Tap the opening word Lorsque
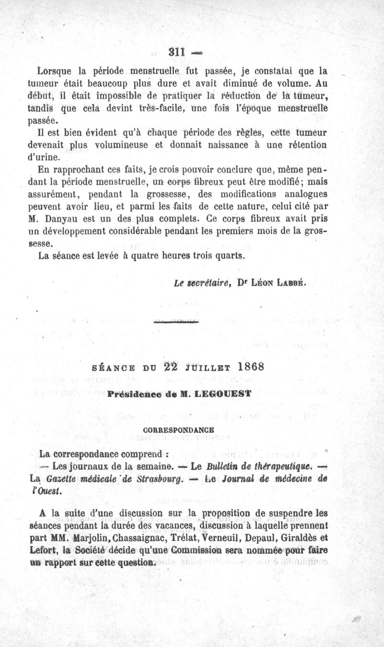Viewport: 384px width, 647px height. click(x=55, y=72)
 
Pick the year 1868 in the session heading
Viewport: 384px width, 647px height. click(x=245, y=367)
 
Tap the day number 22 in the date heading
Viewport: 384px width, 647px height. click(x=171, y=367)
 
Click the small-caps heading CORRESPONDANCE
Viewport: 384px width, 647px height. click(x=179, y=429)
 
